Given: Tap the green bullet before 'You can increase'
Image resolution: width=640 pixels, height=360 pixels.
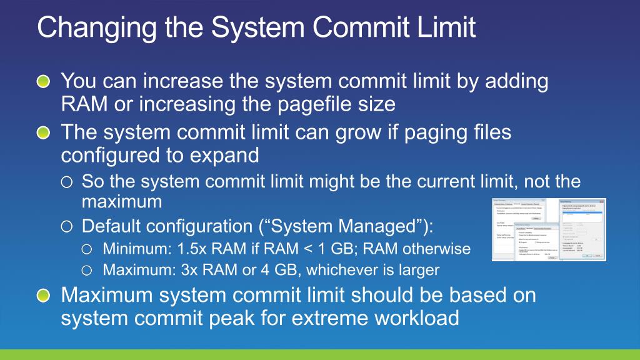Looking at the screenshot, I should tap(42, 82).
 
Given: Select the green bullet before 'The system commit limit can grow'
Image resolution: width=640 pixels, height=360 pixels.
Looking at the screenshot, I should tap(42, 133).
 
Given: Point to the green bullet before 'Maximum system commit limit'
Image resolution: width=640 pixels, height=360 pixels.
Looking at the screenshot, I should tap(42, 296).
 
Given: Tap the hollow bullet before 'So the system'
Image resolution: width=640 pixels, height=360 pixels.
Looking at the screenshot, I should tap(66, 182).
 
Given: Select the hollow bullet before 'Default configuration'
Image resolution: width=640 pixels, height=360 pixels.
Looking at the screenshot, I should tap(66, 226).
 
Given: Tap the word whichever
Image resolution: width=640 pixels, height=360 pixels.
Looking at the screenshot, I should tap(361, 270).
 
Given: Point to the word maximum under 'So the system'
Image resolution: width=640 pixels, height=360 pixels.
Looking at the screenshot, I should tap(121, 202).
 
